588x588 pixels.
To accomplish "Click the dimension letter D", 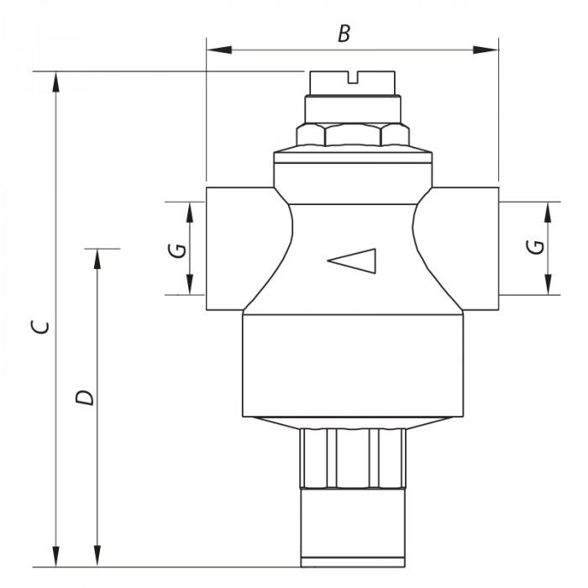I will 81,397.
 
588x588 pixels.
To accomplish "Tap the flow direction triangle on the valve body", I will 354,261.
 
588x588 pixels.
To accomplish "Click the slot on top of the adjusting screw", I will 354,80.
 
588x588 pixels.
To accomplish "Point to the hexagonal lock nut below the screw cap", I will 353,136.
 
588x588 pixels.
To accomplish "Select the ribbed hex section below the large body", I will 353,458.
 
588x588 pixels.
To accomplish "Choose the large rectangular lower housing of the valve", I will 353,365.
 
